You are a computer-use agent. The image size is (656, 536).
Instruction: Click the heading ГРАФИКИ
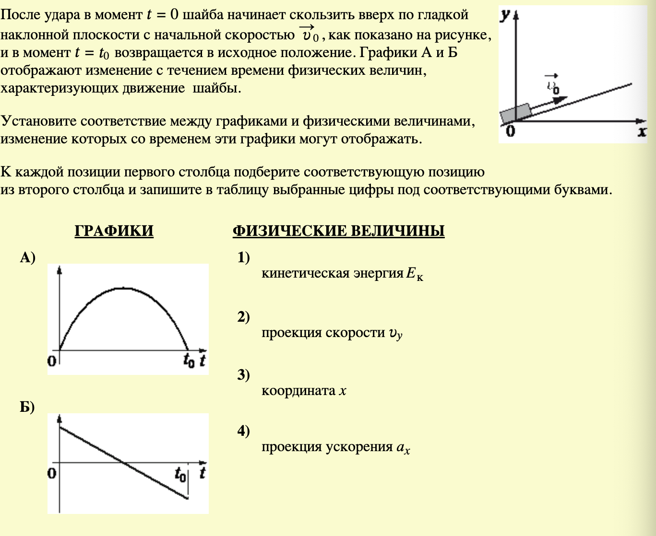point(114,231)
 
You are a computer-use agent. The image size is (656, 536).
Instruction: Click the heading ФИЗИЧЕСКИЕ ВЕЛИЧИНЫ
point(338,231)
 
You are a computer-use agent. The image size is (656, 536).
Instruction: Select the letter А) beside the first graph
point(27,258)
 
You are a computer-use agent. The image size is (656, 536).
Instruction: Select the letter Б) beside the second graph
point(27,408)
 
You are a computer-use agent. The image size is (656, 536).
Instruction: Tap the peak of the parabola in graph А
point(124,288)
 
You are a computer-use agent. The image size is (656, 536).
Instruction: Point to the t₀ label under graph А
point(189,361)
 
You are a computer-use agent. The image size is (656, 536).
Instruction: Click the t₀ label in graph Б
point(180,475)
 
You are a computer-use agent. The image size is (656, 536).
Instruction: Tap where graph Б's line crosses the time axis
point(123,463)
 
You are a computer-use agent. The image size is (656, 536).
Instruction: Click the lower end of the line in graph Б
point(187,499)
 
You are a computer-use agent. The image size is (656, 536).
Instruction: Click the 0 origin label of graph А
point(51,361)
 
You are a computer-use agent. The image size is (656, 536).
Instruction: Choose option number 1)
point(244,258)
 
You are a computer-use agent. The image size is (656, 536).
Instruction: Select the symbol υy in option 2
point(395,334)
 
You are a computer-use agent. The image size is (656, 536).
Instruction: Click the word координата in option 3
point(298,391)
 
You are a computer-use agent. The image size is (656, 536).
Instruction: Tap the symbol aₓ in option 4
point(403,448)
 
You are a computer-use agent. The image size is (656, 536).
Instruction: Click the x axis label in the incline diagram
point(642,132)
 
